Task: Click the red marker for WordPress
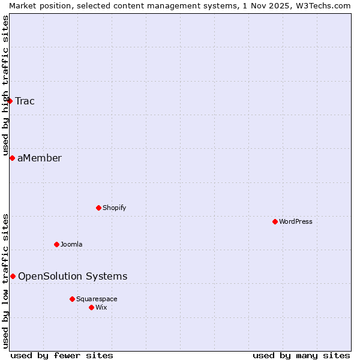[275, 221]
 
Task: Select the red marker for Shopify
[98, 208]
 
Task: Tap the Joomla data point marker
[56, 244]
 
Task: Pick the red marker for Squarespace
[72, 299]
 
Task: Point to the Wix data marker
[91, 307]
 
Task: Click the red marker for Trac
[10, 101]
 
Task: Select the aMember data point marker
[12, 158]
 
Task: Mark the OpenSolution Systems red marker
[13, 276]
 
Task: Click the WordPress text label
[296, 221]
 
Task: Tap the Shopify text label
[114, 208]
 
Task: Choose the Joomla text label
[71, 244]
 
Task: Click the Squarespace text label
[97, 299]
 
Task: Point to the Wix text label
[101, 307]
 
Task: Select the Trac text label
[25, 101]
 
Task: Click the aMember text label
[40, 158]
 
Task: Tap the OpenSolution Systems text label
[73, 276]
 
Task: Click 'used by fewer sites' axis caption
[62, 355]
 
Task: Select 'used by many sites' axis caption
[301, 355]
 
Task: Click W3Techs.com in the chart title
[321, 5]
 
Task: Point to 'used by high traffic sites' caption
[5, 84]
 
